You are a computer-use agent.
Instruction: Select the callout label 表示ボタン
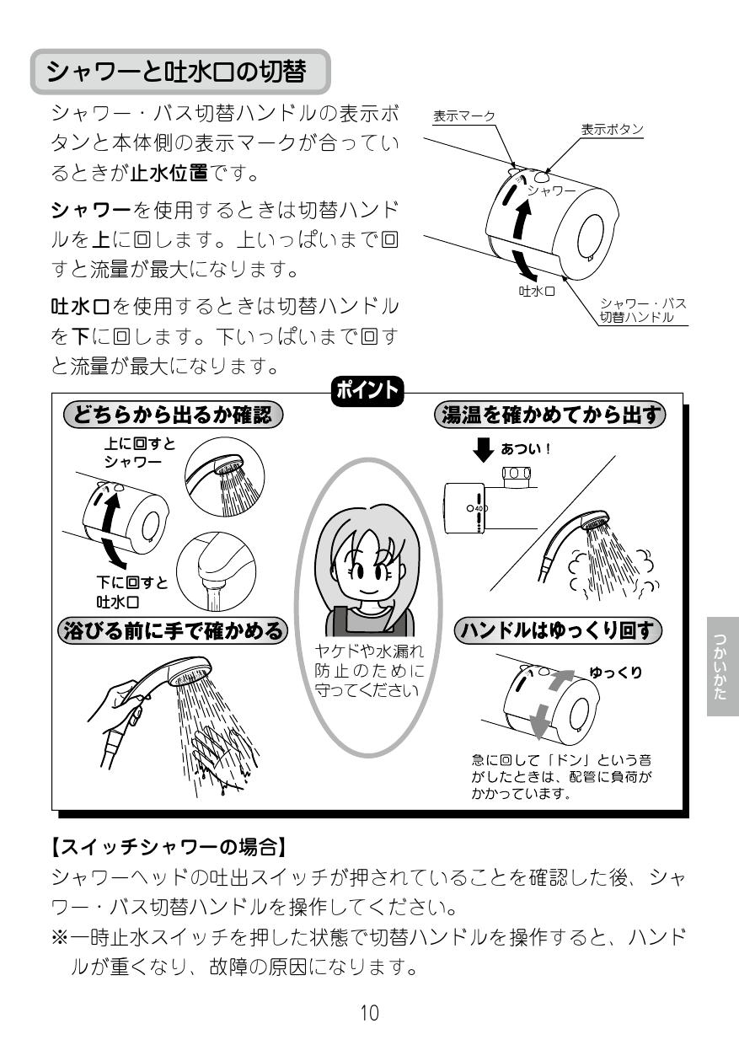click(612, 129)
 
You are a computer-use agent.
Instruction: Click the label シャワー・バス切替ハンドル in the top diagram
click(642, 310)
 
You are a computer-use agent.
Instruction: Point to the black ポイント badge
click(369, 391)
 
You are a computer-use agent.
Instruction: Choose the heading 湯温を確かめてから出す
click(549, 415)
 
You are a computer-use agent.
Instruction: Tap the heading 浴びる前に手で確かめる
click(174, 630)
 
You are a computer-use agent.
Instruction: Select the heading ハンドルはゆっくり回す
click(558, 630)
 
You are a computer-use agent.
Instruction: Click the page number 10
click(369, 1013)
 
